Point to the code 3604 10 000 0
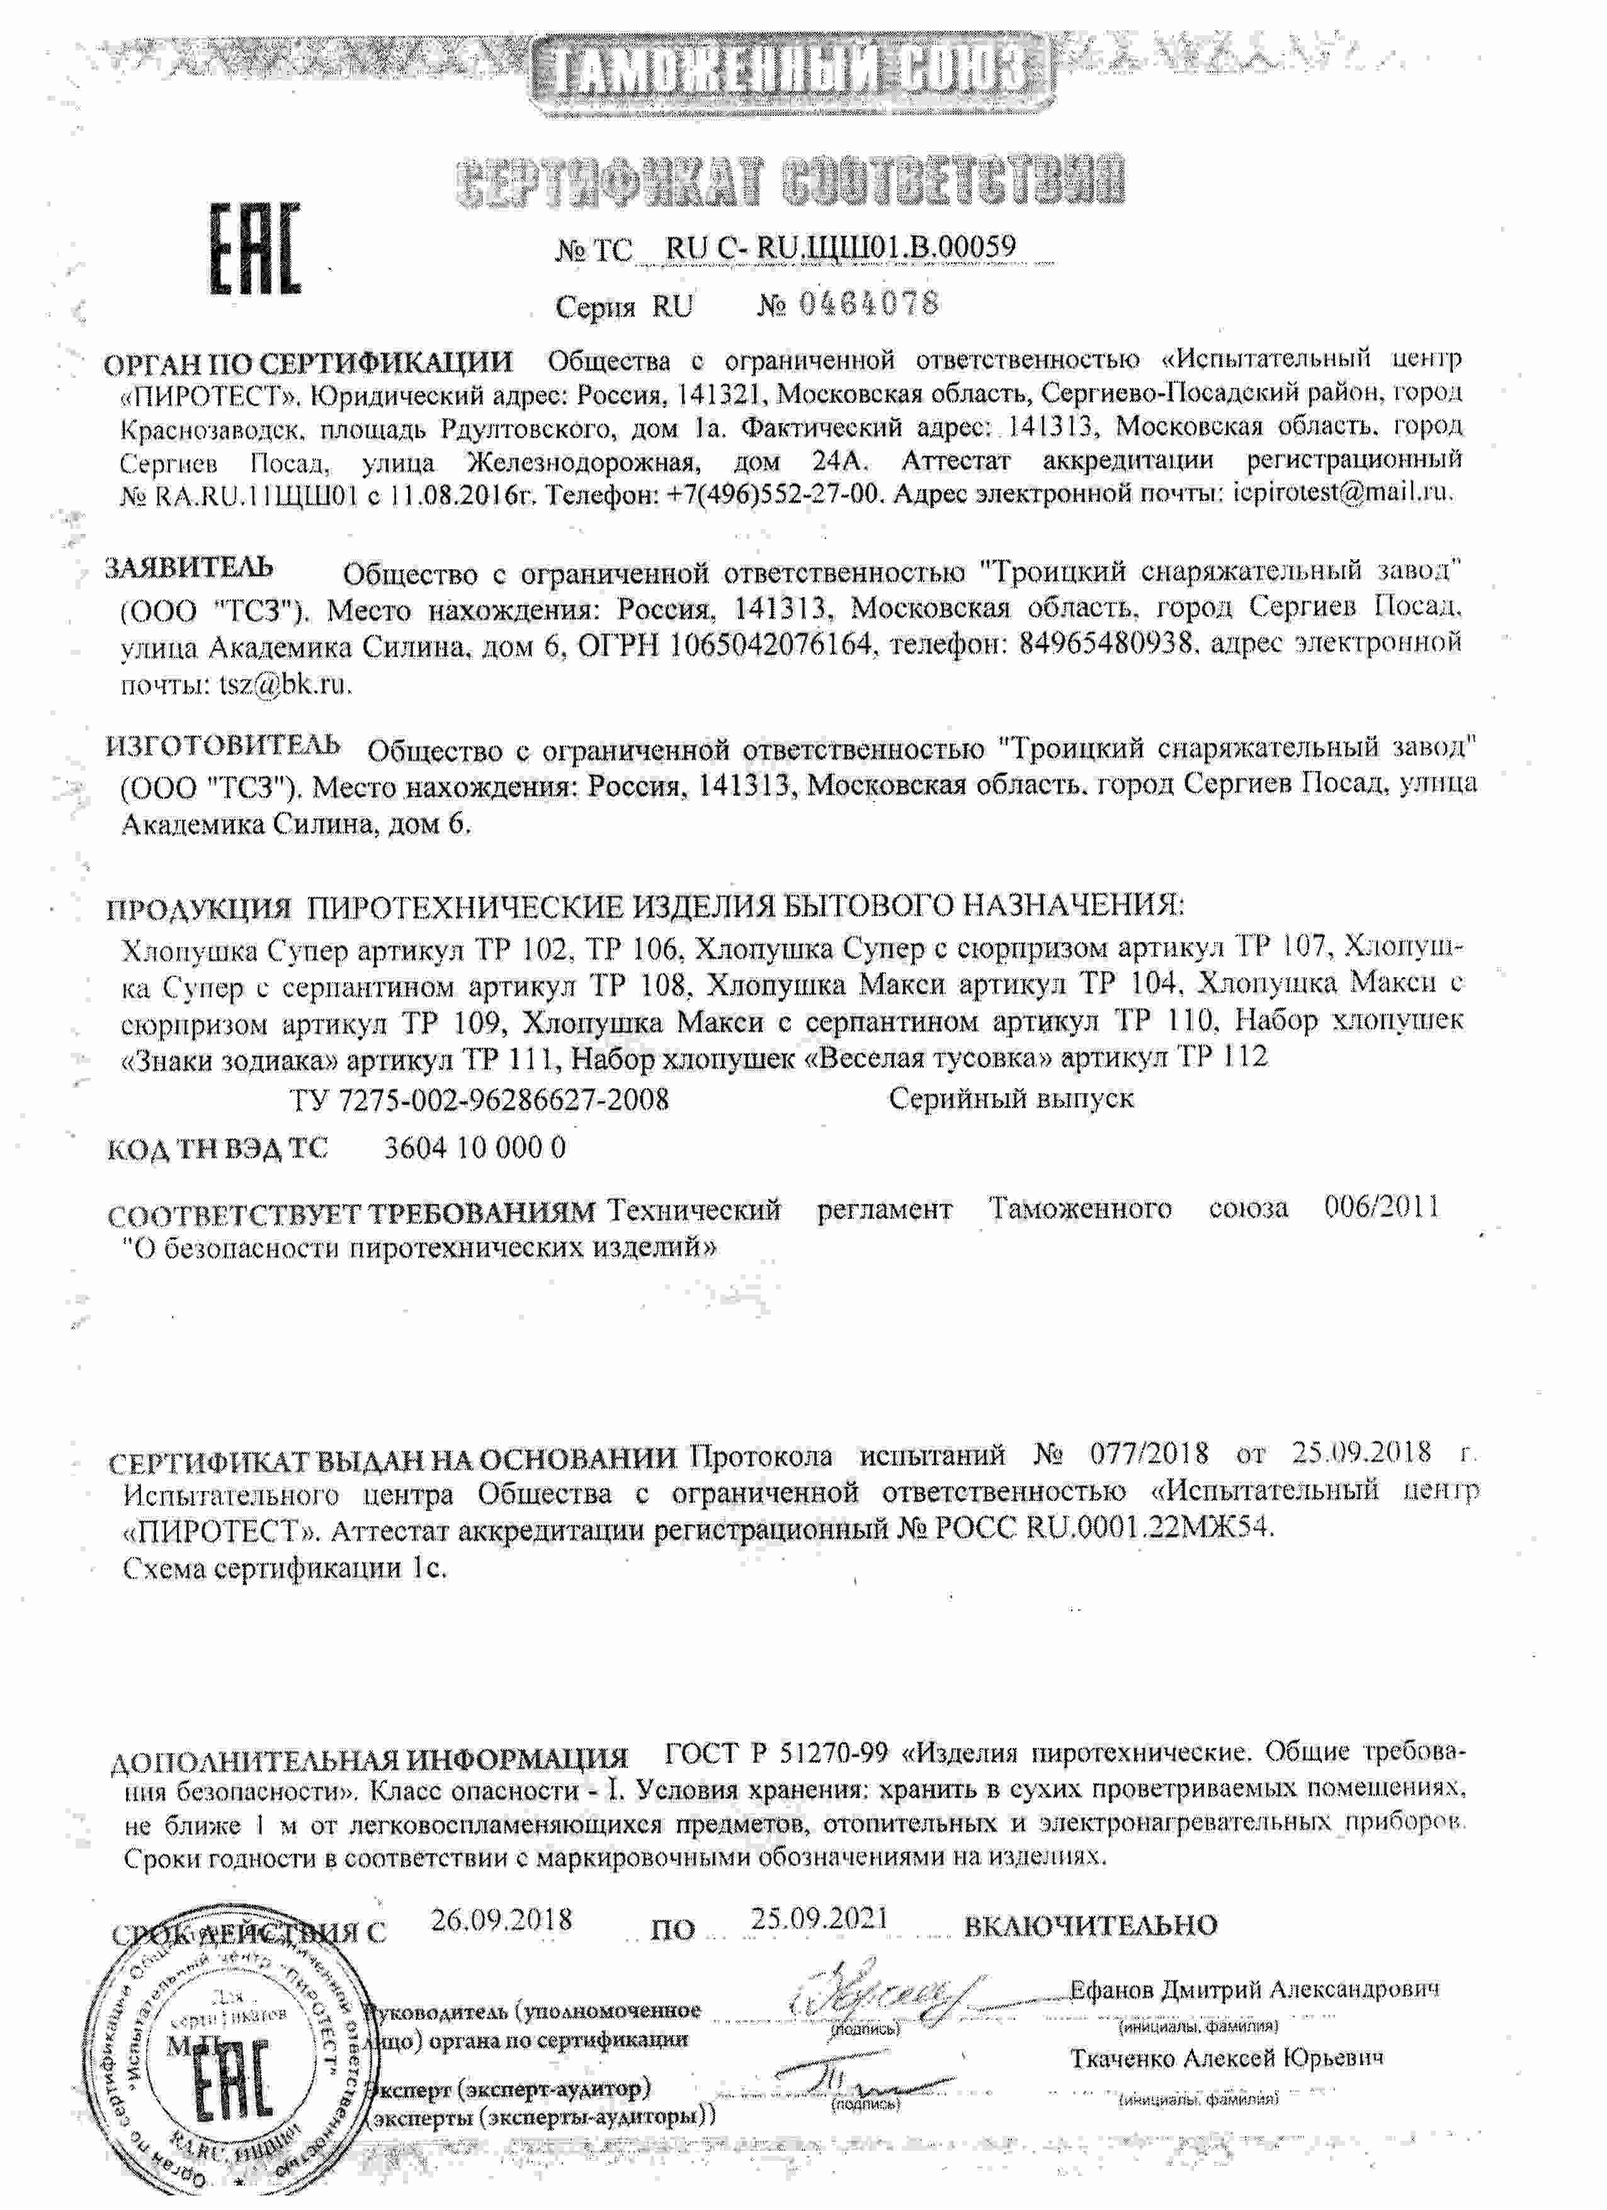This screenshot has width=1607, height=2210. click(475, 1147)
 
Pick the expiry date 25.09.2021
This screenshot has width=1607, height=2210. click(820, 1918)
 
